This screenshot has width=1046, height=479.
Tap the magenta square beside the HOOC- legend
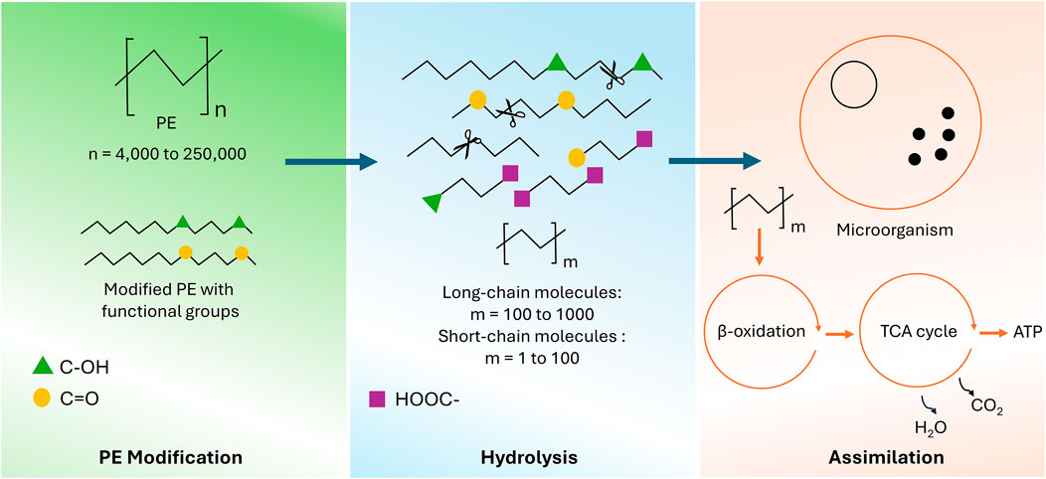coord(378,399)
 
